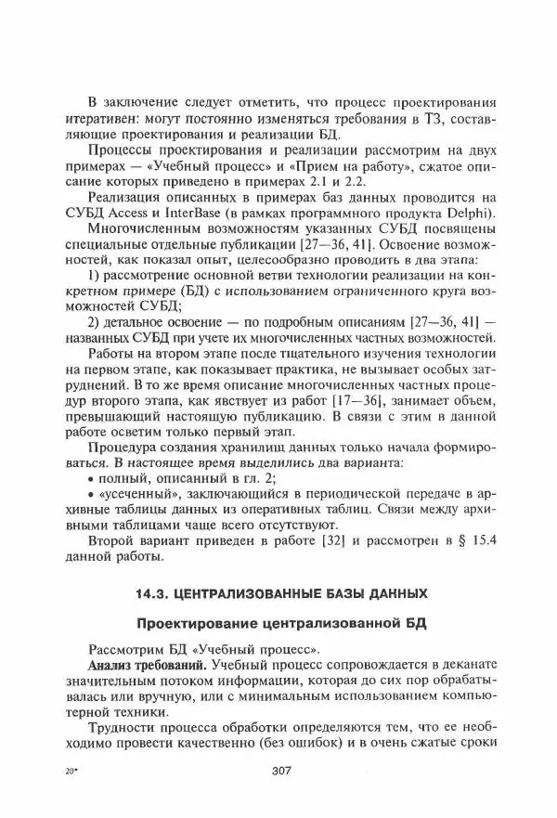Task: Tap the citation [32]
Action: [x=307, y=540]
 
